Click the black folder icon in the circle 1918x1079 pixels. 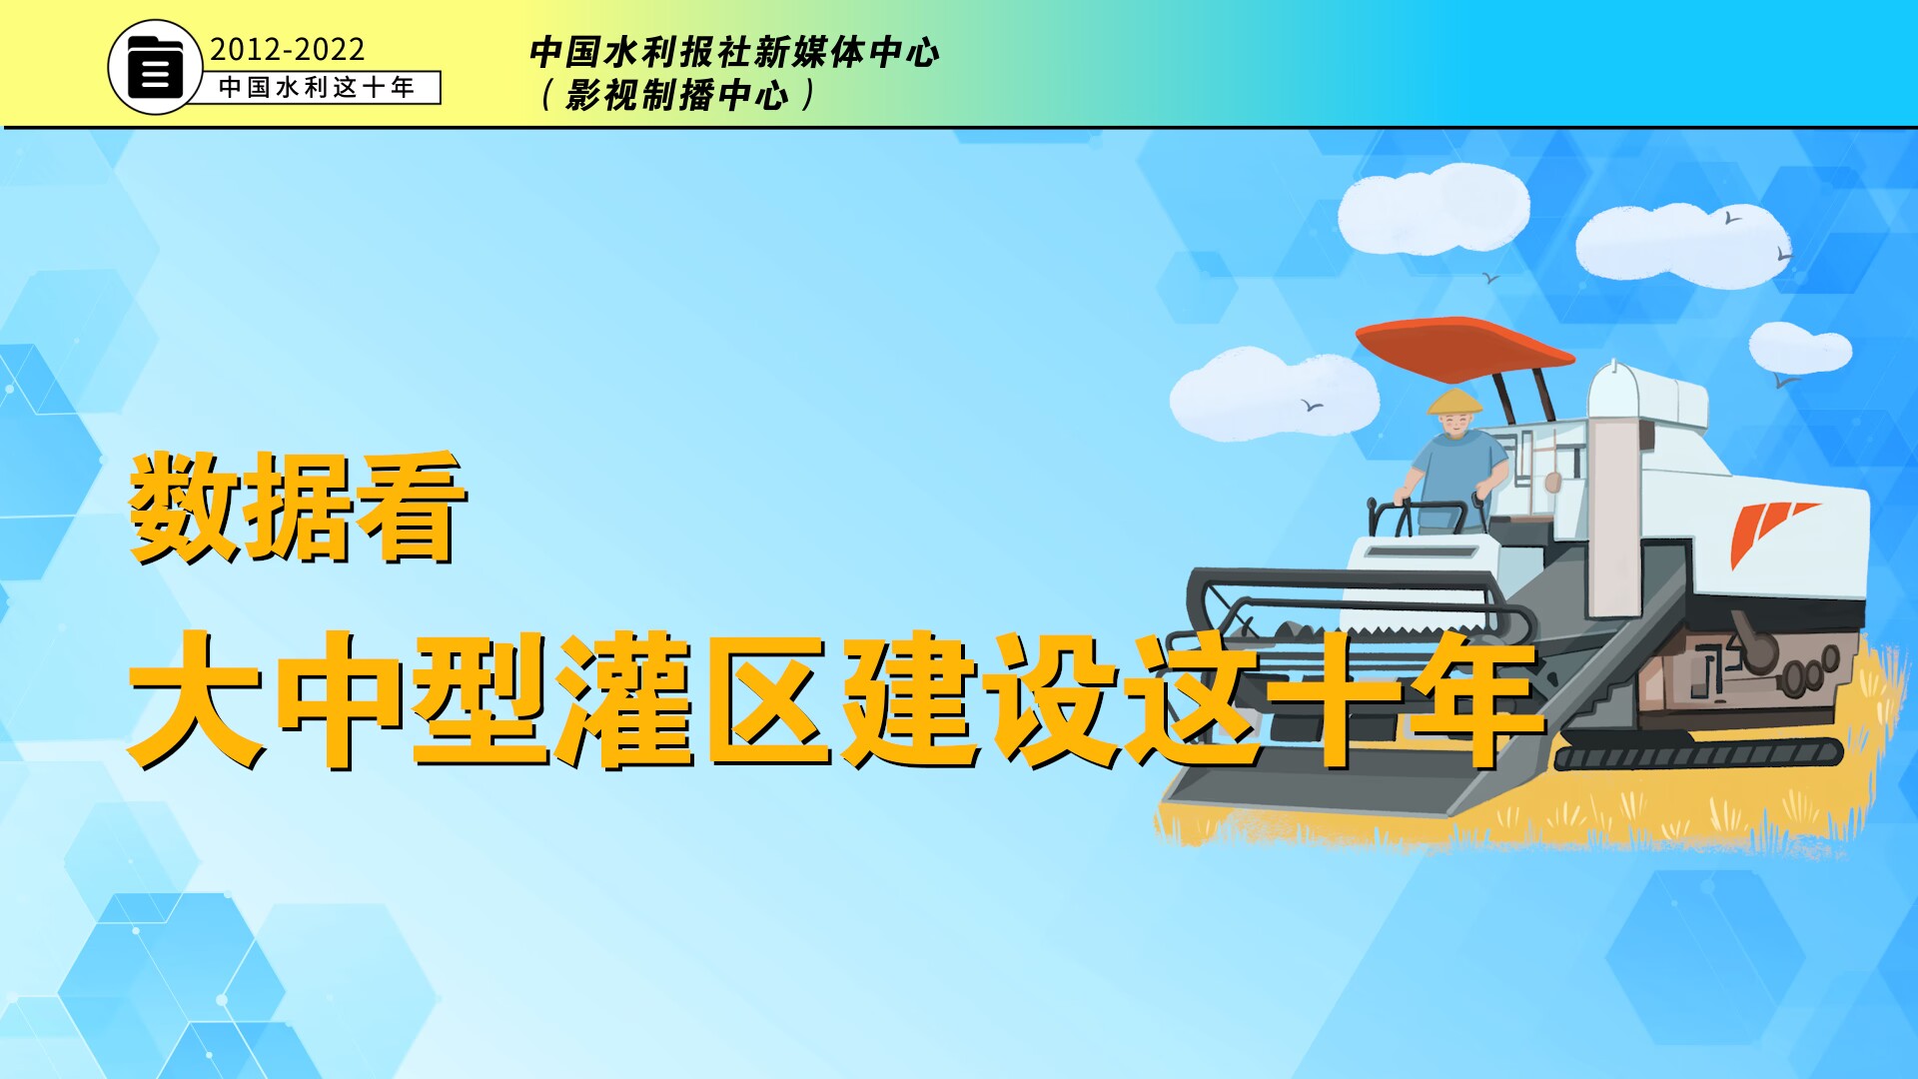click(155, 67)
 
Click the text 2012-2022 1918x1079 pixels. click(287, 50)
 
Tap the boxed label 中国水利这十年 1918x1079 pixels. click(317, 88)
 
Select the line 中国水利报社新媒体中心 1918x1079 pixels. click(734, 52)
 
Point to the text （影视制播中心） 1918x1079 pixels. click(677, 96)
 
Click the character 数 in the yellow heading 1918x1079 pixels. click(185, 507)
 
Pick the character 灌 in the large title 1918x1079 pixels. click(624, 699)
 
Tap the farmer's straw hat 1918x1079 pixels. click(1454, 403)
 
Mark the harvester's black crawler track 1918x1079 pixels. click(1698, 754)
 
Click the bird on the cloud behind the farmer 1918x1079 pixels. click(1312, 406)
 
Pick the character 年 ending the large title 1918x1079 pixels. click(1473, 699)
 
